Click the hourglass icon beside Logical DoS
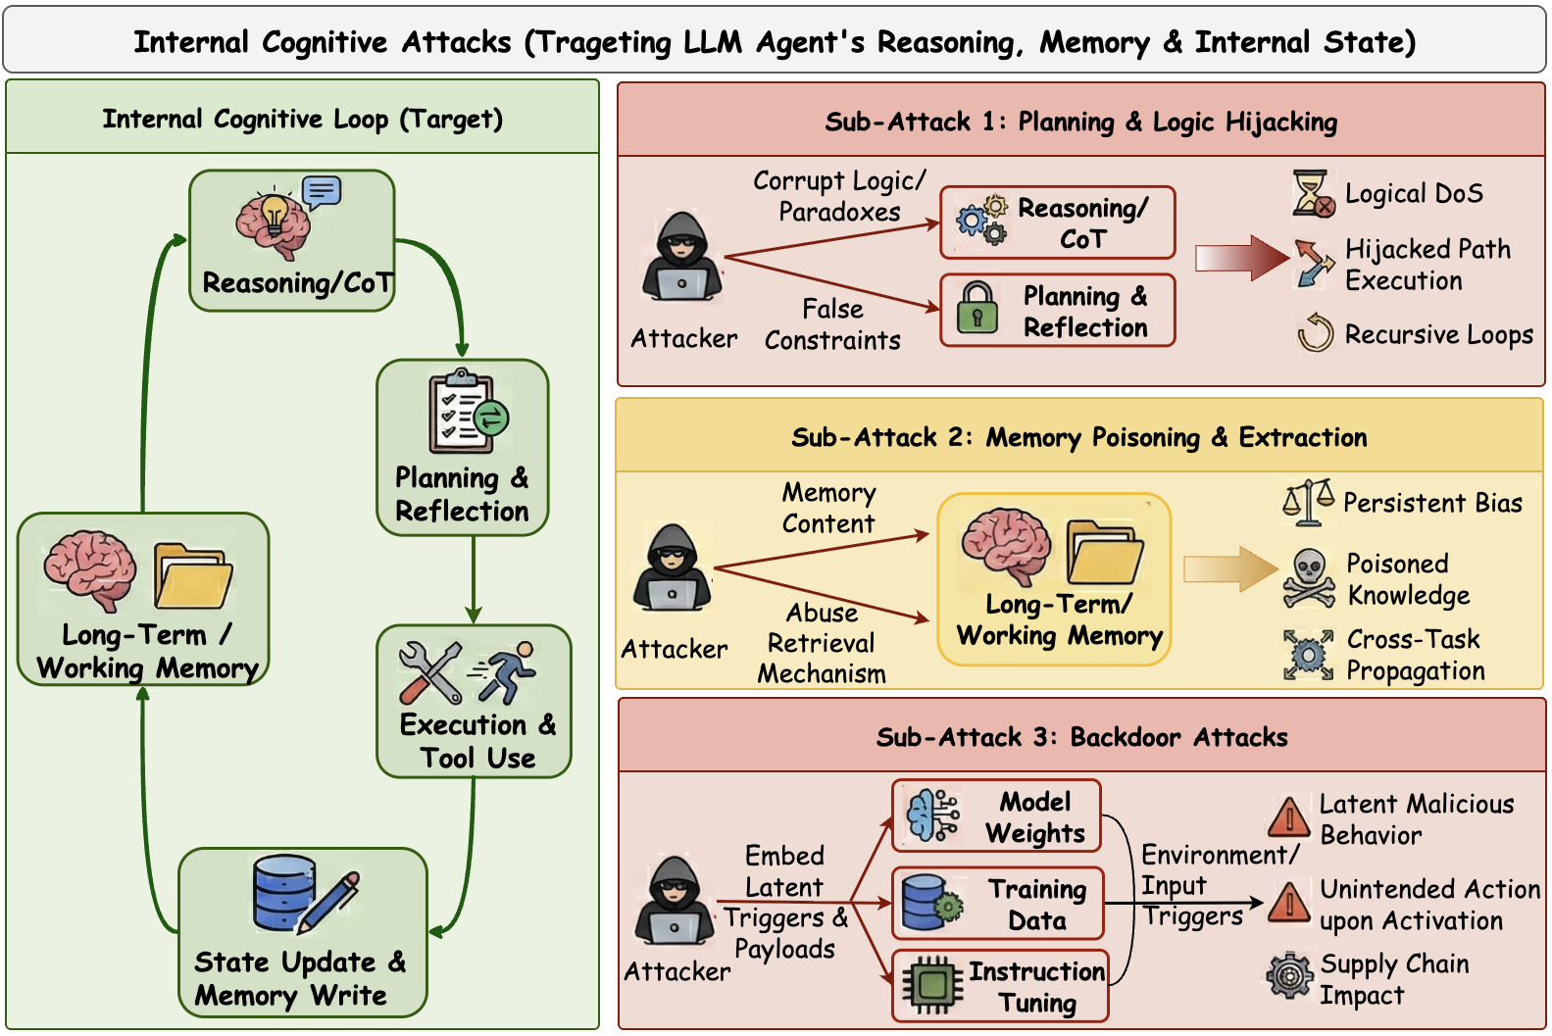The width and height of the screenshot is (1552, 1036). pos(1313,193)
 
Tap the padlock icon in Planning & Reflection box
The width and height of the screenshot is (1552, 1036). pos(976,308)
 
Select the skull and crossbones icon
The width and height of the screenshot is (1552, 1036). pos(1309,579)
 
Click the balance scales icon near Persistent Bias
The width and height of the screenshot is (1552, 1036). pos(1308,502)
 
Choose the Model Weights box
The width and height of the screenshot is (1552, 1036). pos(996,816)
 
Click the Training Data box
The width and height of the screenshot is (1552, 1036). pos(997,904)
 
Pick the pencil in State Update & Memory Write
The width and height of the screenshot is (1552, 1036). pos(329,900)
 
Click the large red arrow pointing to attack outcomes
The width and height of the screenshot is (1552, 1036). pos(1241,259)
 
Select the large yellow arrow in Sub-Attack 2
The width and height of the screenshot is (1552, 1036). pos(1229,569)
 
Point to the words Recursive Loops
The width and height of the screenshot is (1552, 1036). pos(1438,334)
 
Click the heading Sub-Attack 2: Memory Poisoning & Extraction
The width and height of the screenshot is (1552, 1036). pos(1078,437)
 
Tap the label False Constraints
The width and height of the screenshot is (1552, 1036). pos(832,324)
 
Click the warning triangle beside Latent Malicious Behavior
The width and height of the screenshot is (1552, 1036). pos(1288,815)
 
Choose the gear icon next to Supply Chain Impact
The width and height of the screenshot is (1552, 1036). pos(1289,975)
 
